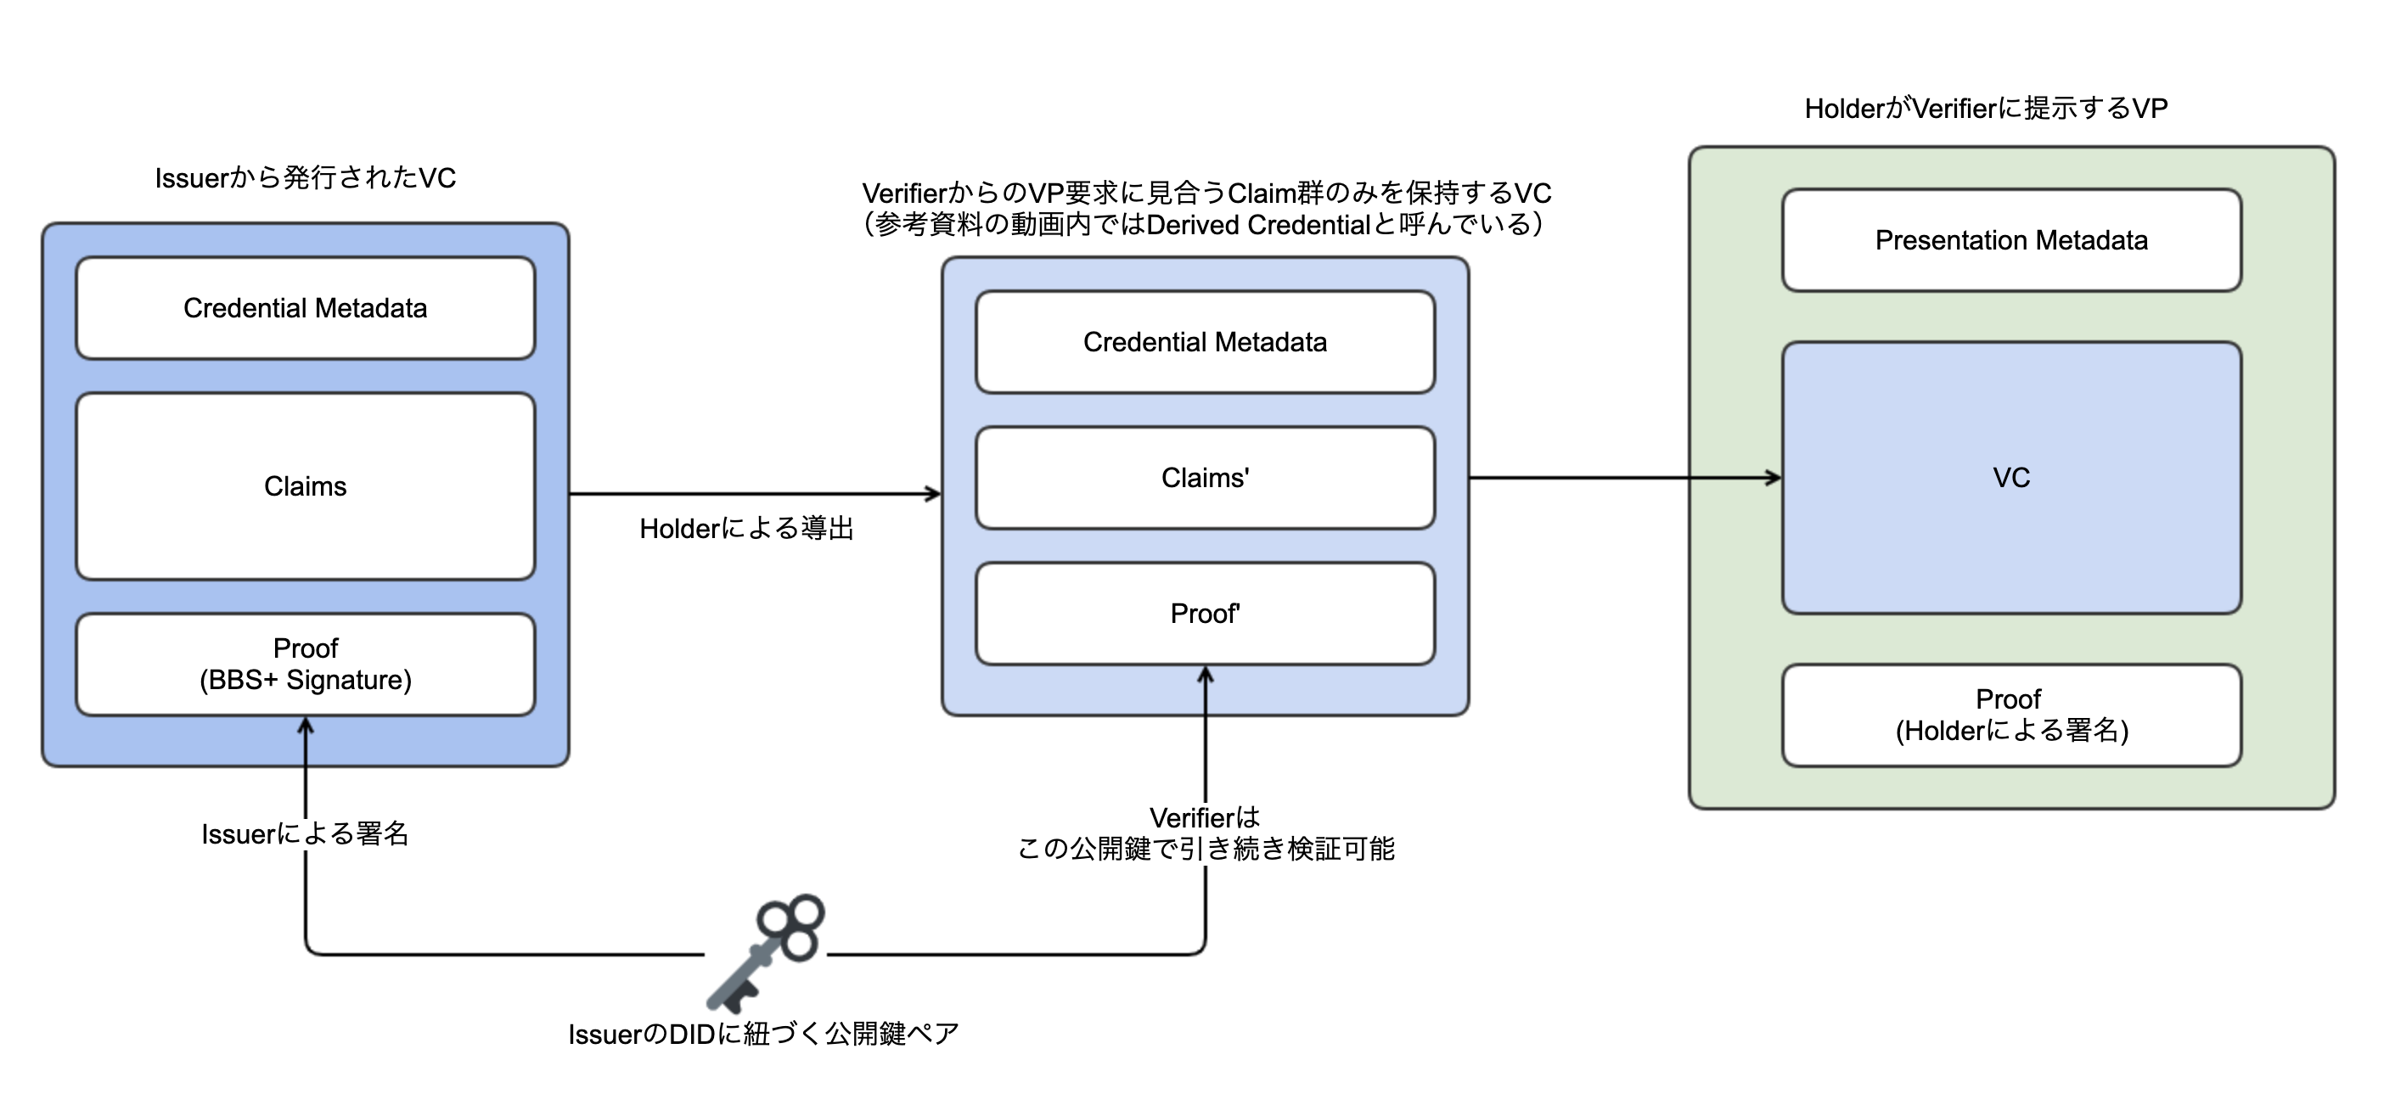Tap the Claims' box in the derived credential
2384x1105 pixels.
tap(1205, 478)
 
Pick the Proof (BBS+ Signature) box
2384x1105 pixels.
tap(306, 665)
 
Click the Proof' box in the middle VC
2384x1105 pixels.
tap(1205, 614)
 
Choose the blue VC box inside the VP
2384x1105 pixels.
tap(2011, 478)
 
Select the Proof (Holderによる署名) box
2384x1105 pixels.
tap(2011, 715)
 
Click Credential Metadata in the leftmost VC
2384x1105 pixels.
tap(306, 308)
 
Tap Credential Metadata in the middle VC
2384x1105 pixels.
tap(1205, 342)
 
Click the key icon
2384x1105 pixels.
tap(765, 953)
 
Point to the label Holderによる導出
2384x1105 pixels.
tap(746, 529)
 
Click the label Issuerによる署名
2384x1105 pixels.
tap(306, 833)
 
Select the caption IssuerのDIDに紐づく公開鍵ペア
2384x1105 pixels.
tap(763, 1034)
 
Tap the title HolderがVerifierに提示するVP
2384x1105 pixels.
tap(1986, 109)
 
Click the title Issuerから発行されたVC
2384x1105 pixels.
tap(306, 177)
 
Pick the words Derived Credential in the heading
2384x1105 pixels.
tap(1257, 225)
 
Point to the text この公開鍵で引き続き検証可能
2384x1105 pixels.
tap(1205, 849)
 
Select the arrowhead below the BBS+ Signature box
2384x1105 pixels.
tap(306, 726)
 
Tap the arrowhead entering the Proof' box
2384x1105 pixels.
tap(1205, 675)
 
